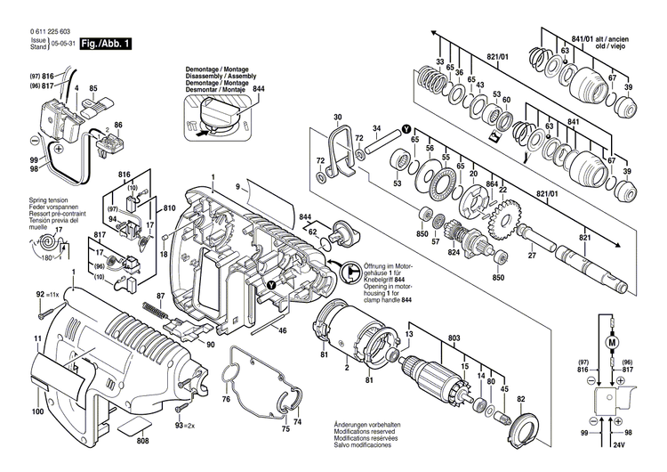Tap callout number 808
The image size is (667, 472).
point(143,439)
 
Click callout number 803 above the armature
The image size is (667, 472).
point(454,339)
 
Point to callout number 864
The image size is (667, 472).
point(491,184)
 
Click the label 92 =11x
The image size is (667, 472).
point(50,294)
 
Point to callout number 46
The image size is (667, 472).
point(281,331)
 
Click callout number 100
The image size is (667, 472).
point(37,411)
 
